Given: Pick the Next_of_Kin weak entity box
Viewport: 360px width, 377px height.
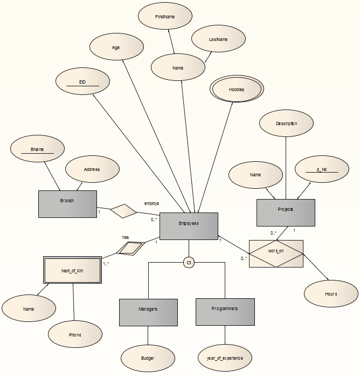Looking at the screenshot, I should pyautogui.click(x=72, y=269).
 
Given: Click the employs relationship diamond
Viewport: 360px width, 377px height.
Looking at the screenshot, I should pyautogui.click(x=124, y=211).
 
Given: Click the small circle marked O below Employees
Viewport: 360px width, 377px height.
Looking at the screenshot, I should pyautogui.click(x=189, y=263).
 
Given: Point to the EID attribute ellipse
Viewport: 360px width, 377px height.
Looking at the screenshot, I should pyautogui.click(x=82, y=82).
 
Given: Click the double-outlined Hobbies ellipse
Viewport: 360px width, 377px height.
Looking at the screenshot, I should pyautogui.click(x=237, y=90).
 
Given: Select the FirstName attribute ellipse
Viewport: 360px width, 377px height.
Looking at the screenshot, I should pyautogui.click(x=165, y=17).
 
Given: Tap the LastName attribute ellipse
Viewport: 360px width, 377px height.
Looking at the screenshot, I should pyautogui.click(x=218, y=39).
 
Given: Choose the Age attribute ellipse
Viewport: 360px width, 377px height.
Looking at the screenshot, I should pyautogui.click(x=116, y=47).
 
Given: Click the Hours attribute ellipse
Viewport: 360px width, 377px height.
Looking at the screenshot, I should pyautogui.click(x=331, y=294).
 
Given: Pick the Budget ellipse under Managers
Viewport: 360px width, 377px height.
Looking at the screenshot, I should pyautogui.click(x=148, y=358).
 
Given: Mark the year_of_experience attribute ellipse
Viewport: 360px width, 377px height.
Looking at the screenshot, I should pyautogui.click(x=225, y=358).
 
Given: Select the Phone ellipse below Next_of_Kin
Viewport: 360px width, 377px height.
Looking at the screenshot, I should pyautogui.click(x=75, y=334).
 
